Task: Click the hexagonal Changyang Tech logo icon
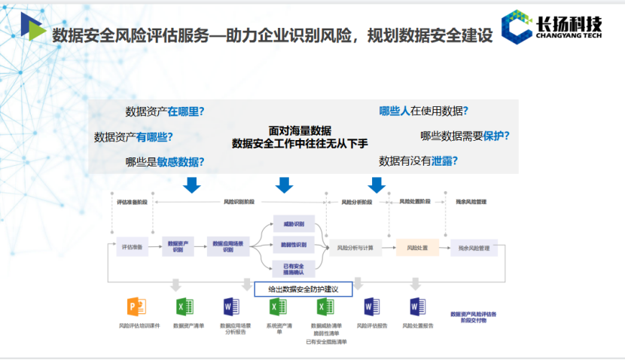[x=517, y=26]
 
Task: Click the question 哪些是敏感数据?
[x=165, y=161]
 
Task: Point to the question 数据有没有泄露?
[x=419, y=160]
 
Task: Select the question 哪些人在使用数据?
[x=423, y=111]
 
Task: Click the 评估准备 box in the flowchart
[x=129, y=246]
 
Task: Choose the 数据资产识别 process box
[x=178, y=246]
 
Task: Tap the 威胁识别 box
[x=294, y=224]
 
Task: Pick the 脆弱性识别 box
[x=294, y=245]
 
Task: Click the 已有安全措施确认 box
[x=294, y=267]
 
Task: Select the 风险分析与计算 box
[x=355, y=247]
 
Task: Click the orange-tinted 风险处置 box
[x=417, y=247]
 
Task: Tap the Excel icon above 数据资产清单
[x=184, y=307]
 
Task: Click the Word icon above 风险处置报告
[x=417, y=307]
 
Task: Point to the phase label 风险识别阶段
[x=240, y=202]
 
